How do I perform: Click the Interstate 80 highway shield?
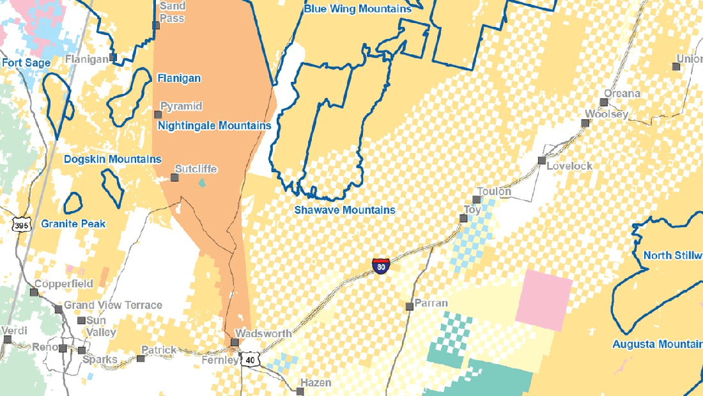380,265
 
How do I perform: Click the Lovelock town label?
569,166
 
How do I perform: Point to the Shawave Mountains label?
344,210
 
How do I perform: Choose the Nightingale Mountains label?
214,125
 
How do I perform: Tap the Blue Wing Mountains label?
357,9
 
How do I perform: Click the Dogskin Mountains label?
112,159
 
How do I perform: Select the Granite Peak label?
73,224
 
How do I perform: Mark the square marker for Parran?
409,306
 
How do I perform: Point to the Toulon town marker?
476,200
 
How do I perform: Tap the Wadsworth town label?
263,333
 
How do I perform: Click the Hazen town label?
316,383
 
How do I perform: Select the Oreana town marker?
603,102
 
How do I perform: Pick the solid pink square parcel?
545,299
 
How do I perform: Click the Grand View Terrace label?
113,305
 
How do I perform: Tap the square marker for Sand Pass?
156,26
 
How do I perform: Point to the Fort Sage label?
26,63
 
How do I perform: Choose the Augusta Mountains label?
657,344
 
